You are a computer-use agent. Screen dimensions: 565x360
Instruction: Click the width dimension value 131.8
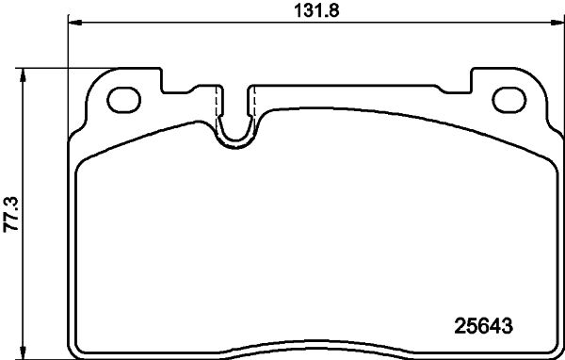[x=316, y=10]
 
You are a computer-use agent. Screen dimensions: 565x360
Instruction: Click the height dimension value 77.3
[x=10, y=214]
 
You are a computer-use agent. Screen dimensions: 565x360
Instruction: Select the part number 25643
[x=483, y=326]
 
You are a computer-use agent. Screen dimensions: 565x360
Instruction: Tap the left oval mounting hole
[x=123, y=100]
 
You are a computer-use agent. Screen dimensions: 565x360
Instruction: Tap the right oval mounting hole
[x=509, y=100]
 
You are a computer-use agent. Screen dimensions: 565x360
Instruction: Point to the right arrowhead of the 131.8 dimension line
[x=557, y=23]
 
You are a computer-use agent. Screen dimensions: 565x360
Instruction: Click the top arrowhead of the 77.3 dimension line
[x=23, y=75]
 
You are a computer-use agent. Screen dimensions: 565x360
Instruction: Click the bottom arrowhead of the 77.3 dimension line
[x=23, y=352]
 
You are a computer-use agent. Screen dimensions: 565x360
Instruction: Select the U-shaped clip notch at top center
[x=235, y=141]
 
